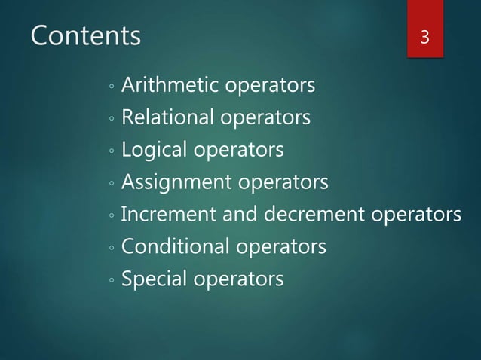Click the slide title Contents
[x=86, y=35]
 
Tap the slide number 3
[x=425, y=37]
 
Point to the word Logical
[x=154, y=150]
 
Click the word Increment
[x=167, y=215]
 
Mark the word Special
[x=155, y=279]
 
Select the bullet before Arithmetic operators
[x=111, y=87]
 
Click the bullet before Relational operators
[x=111, y=120]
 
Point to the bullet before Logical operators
[x=111, y=152]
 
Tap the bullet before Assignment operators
[x=111, y=185]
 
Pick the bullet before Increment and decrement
[x=111, y=217]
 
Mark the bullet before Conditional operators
[x=111, y=249]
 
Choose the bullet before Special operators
[x=111, y=282]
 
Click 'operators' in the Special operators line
[x=239, y=280]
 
